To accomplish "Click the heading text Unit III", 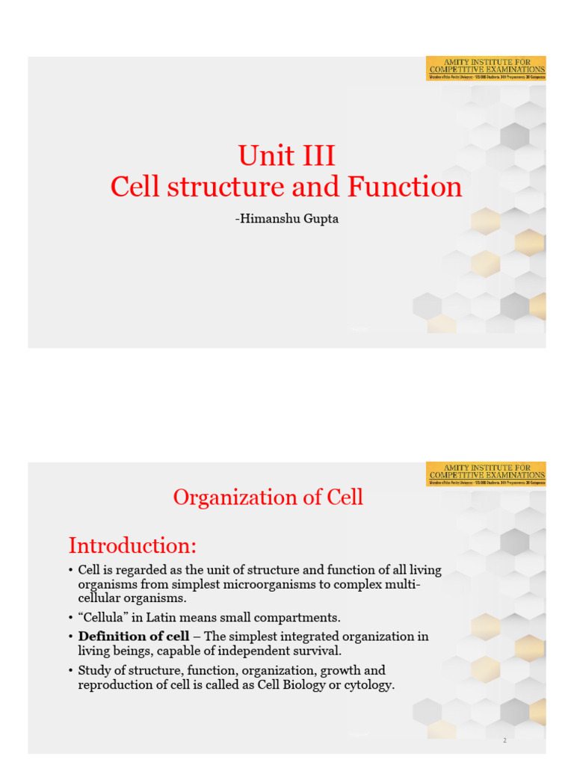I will [x=286, y=156].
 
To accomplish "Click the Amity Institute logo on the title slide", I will [x=486, y=68].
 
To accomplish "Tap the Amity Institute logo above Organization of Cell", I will [x=486, y=474].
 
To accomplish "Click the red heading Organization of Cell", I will [x=268, y=498].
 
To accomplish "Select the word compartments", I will [x=295, y=618].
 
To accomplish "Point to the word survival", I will [x=316, y=651].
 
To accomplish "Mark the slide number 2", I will [x=504, y=740].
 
